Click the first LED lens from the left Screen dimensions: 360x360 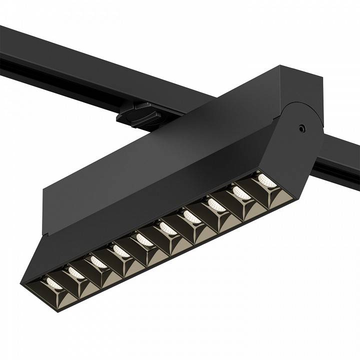[x=52, y=285]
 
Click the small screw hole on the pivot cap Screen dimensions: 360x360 [x=301, y=128]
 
